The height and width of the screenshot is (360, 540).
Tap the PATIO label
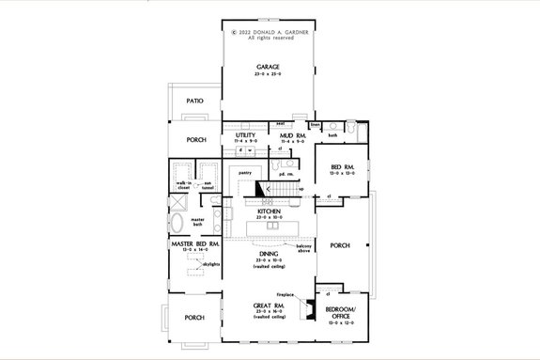point(194,99)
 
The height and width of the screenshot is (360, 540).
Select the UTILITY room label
point(246,135)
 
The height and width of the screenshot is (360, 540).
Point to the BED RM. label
point(341,167)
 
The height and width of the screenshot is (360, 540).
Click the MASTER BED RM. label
point(194,244)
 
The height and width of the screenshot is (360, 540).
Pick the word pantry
point(243,173)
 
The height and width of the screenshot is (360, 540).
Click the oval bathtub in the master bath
point(179,223)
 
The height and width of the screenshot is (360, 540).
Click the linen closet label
point(315,123)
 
